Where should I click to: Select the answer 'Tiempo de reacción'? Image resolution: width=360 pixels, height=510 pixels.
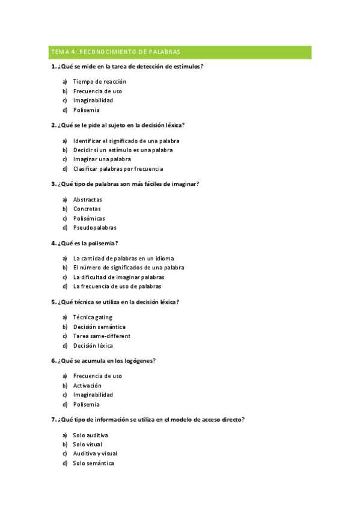100,81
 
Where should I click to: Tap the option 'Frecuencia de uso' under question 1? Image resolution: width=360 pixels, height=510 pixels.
97,91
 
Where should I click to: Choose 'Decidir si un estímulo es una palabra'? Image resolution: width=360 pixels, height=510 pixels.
123,150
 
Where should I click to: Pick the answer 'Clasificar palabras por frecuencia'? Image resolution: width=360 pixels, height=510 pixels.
118,169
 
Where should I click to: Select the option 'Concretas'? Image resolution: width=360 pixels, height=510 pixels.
87,209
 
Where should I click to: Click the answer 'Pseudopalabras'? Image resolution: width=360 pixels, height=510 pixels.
95,228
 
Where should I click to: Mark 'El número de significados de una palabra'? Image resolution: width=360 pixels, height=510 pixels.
129,267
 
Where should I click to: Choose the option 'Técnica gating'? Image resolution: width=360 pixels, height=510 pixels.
93,317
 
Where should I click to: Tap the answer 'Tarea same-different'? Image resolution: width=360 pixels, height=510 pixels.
102,336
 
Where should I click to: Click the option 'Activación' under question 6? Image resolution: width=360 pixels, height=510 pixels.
87,386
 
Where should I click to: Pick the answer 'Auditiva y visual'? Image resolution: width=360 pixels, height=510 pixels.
95,453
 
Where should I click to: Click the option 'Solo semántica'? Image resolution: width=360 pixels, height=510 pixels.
93,463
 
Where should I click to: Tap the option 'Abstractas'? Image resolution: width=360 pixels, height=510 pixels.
88,199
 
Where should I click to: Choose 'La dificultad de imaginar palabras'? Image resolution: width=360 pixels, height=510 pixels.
118,277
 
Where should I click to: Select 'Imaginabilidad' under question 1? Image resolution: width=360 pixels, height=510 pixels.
93,100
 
